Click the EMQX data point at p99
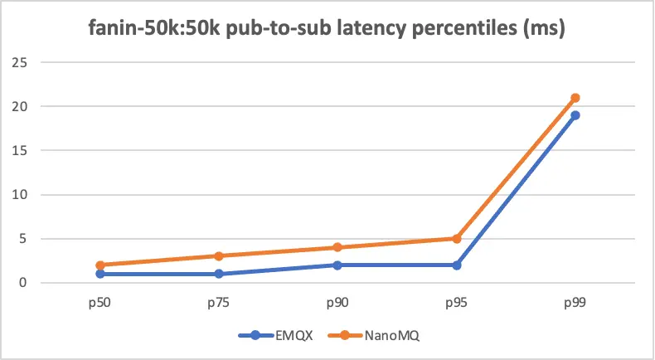(x=575, y=115)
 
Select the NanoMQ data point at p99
(x=575, y=98)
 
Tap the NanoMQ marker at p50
(x=99, y=265)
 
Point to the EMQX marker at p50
(x=99, y=274)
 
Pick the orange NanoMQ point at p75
(x=218, y=256)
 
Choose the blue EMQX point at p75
(x=218, y=274)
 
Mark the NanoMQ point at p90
(x=337, y=247)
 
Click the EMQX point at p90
(x=337, y=265)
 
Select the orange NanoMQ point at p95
(x=456, y=239)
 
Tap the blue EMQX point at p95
(x=456, y=265)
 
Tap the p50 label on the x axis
(x=99, y=304)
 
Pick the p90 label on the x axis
(x=337, y=304)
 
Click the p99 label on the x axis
(x=575, y=304)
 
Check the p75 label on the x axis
(x=218, y=304)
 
